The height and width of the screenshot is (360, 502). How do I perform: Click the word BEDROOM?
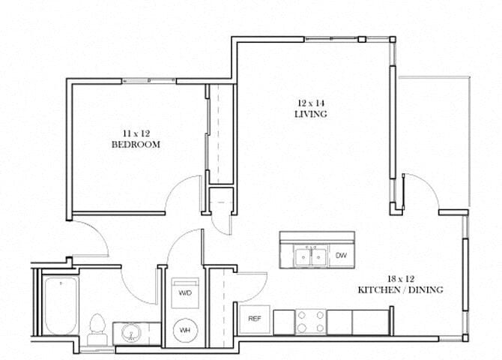(x=136, y=145)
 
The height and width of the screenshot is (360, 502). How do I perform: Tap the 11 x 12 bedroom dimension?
(x=136, y=133)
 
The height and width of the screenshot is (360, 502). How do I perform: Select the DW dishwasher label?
(x=342, y=256)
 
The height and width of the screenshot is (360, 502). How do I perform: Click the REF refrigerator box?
(x=254, y=318)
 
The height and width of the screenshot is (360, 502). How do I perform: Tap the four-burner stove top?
(x=310, y=322)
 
